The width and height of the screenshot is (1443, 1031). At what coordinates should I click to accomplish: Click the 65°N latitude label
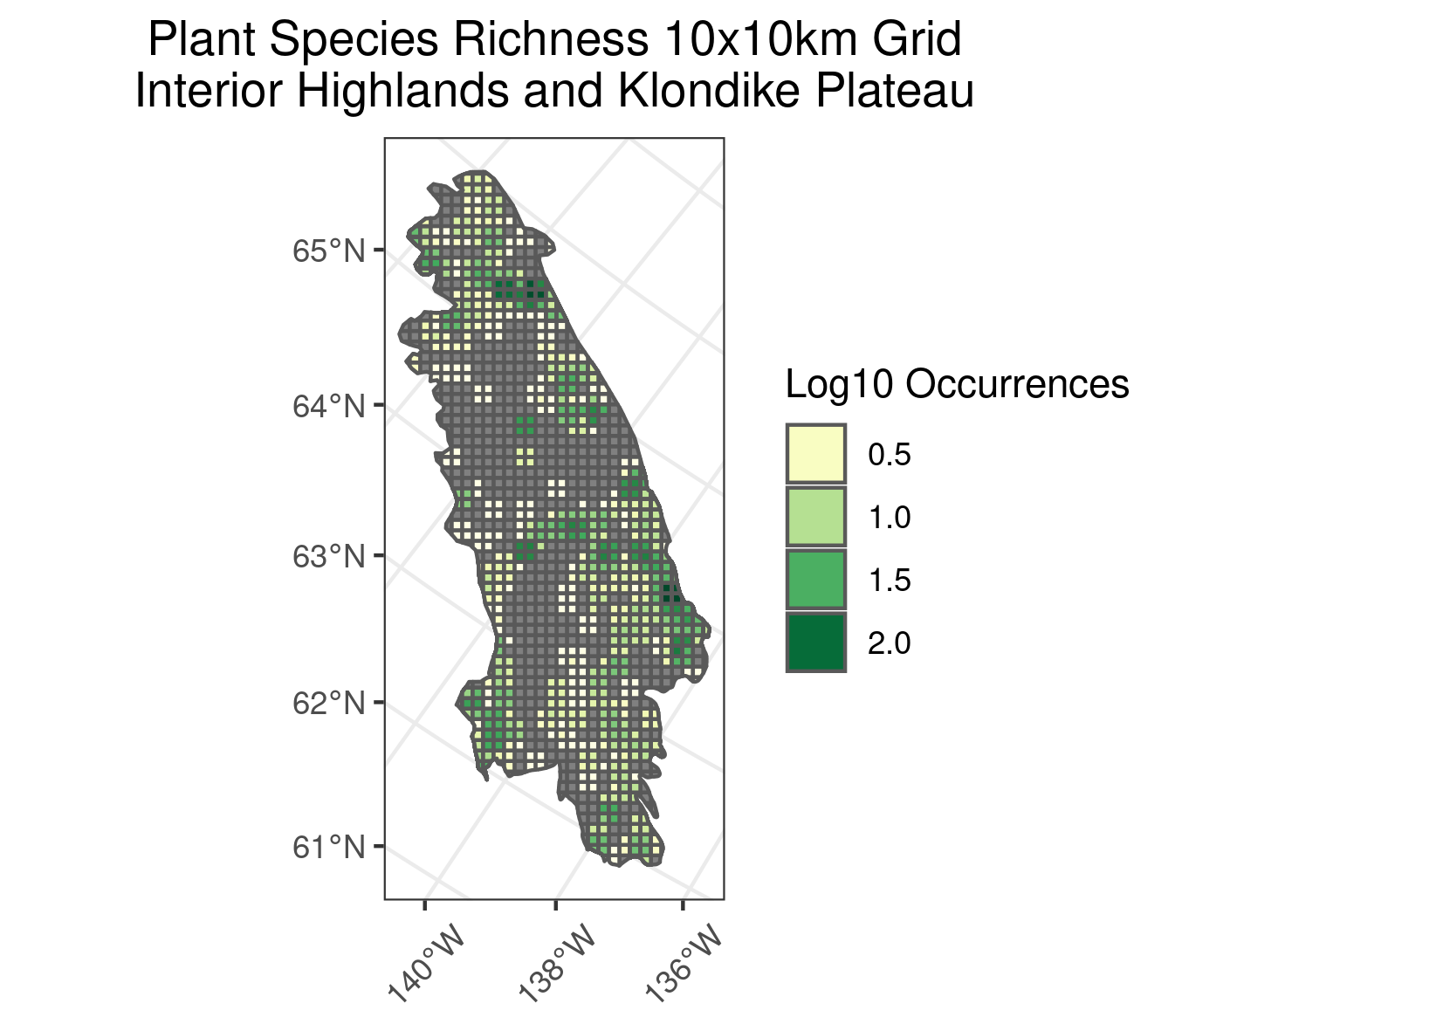(327, 251)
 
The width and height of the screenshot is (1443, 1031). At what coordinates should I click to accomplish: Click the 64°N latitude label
(327, 406)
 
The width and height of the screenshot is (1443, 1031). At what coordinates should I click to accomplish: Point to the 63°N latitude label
(327, 556)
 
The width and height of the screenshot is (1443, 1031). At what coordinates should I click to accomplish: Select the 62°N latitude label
(327, 703)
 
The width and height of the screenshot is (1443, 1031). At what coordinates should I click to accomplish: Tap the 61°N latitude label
(327, 847)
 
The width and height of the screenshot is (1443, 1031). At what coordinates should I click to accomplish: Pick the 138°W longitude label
(557, 969)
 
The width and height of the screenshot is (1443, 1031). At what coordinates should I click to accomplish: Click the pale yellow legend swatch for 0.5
(815, 454)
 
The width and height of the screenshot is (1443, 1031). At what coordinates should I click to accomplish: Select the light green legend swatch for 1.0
(815, 517)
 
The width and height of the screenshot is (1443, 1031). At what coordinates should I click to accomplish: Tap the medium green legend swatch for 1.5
(815, 580)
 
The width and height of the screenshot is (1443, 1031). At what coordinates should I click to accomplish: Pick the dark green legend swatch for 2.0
(815, 643)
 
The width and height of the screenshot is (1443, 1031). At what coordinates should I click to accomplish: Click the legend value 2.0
(890, 643)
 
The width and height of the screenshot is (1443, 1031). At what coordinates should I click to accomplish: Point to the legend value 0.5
(890, 455)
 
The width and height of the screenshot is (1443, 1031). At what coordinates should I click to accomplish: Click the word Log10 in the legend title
(839, 385)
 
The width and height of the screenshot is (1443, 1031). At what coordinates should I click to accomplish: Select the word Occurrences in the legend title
(1017, 385)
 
